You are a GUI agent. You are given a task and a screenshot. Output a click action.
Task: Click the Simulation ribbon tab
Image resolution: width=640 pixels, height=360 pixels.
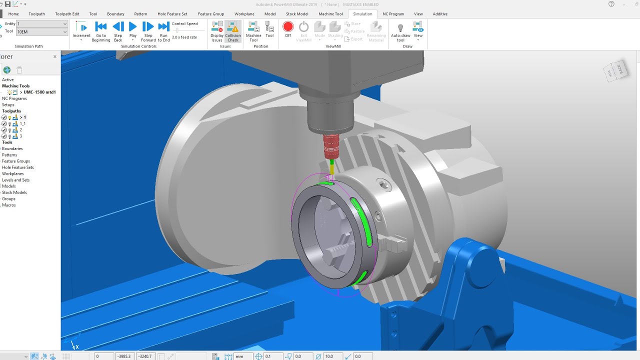pos(362,14)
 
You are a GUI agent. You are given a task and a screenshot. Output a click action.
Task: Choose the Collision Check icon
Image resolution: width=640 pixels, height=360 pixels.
pos(233,31)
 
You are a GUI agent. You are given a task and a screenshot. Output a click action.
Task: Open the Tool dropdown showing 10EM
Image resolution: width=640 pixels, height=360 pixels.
pos(42,31)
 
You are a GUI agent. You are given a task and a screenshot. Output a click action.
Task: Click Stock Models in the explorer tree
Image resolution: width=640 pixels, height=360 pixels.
pos(14,192)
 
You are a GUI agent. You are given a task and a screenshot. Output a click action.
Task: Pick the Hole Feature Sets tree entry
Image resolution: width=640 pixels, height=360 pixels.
pos(18,167)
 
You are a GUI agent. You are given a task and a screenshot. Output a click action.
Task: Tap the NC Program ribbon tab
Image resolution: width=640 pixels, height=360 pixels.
pos(393,14)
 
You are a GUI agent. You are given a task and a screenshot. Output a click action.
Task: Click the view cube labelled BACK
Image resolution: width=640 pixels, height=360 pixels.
pos(618,70)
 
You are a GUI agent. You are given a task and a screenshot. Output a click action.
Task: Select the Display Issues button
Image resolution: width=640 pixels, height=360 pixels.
pos(217,31)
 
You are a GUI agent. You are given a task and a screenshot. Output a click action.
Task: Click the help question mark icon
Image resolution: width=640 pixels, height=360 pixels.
pos(611,4)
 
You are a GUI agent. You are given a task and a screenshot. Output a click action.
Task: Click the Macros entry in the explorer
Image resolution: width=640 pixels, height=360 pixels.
pos(9,205)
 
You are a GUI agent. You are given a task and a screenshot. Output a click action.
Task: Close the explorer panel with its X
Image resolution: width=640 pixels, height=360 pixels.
pos(55,56)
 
